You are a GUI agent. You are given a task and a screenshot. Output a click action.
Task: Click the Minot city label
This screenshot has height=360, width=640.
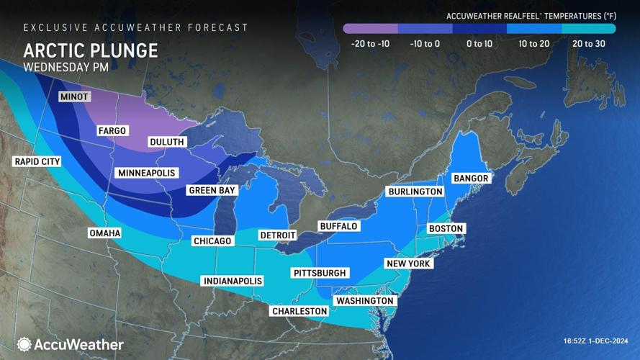[74, 96]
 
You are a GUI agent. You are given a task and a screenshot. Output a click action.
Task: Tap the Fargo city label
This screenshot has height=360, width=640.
[112, 130]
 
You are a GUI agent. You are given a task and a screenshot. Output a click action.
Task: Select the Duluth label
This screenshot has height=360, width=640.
[166, 142]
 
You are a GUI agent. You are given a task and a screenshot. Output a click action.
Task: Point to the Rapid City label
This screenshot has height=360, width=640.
[37, 161]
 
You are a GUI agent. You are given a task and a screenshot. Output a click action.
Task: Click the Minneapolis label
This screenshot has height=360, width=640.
[146, 173]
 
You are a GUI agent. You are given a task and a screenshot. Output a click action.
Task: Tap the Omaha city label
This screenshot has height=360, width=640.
[104, 233]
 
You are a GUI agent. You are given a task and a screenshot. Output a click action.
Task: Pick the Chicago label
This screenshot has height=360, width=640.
[212, 240]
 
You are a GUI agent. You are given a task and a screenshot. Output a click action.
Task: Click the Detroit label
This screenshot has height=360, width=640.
[278, 235]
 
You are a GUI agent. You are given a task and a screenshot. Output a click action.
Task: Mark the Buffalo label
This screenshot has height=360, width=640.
[338, 226]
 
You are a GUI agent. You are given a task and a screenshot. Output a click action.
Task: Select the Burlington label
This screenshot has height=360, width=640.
[415, 192]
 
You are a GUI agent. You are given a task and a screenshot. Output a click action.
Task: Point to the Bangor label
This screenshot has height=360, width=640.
[470, 178]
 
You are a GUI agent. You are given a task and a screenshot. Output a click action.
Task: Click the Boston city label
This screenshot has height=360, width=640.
[446, 228]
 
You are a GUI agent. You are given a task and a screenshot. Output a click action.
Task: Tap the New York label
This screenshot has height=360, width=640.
[407, 264]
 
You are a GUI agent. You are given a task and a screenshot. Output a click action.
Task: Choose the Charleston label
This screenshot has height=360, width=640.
[299, 311]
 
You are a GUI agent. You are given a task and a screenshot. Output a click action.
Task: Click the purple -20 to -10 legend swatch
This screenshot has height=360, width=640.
[371, 29]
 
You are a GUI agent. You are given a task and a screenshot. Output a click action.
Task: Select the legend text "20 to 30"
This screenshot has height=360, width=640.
[588, 44]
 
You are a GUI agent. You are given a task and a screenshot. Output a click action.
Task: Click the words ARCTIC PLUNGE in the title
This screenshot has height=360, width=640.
[90, 50]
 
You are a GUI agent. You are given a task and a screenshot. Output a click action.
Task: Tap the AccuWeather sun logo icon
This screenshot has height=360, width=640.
[24, 345]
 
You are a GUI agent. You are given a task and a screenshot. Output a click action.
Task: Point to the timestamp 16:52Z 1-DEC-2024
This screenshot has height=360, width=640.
[596, 341]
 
